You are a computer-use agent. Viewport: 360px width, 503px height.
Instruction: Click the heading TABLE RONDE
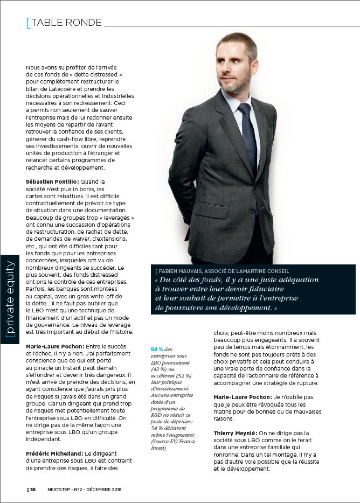[x=66, y=23]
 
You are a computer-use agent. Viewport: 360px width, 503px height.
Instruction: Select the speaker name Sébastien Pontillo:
[x=52, y=182]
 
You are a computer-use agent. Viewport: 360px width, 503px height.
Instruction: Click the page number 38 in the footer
[x=33, y=490]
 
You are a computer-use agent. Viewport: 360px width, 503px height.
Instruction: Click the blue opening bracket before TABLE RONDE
[x=29, y=23]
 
